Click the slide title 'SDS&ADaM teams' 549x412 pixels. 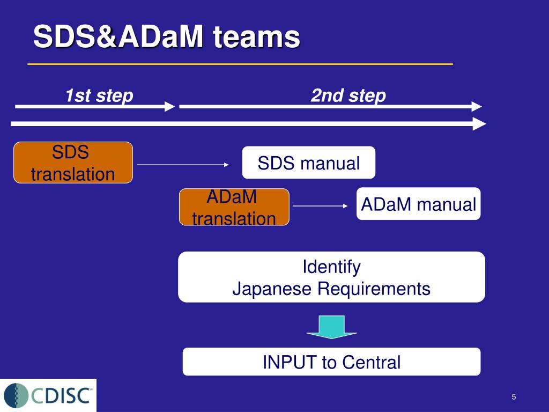167,36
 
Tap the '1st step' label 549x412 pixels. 99,95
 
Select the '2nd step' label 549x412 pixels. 348,95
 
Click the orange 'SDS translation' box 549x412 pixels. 73,163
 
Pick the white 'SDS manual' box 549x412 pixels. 308,163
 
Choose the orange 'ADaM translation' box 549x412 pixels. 234,207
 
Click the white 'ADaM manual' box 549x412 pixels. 418,204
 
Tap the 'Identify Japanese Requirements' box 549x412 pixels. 331,277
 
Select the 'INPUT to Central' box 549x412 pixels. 331,362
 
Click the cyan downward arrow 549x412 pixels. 331,327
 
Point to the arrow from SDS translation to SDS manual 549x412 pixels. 183,164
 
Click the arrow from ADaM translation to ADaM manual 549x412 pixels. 320,206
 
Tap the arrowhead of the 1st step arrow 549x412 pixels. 170,107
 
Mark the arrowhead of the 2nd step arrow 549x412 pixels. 477,107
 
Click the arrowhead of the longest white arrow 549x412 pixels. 480,124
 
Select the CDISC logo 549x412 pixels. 48,395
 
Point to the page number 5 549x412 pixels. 514,397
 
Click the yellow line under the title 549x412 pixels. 240,64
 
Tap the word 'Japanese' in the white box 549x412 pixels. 272,289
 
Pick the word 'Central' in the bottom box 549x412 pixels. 371,362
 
